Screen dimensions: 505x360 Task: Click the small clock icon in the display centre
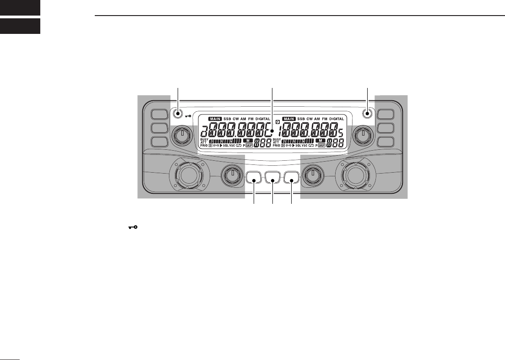coord(277,122)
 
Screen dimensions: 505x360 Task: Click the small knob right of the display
coord(363,135)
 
